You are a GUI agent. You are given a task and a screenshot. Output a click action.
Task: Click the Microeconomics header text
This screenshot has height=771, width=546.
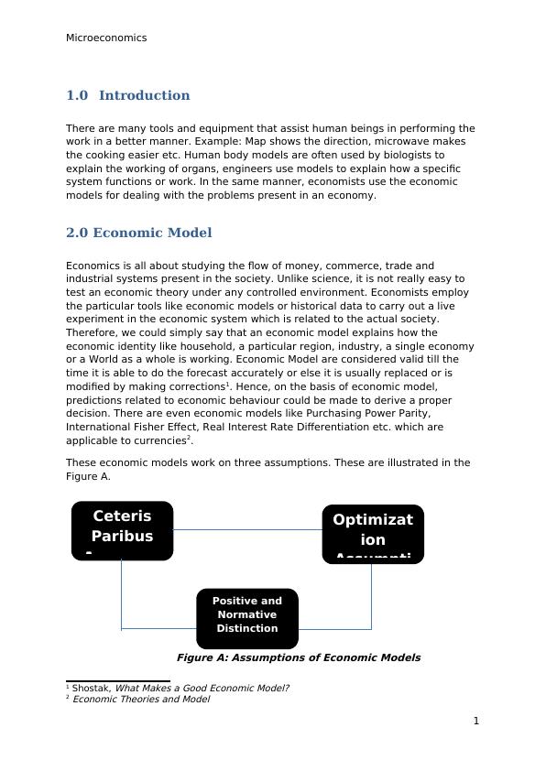tap(106, 38)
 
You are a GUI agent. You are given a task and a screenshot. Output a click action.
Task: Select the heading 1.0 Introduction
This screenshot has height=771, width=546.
tap(128, 95)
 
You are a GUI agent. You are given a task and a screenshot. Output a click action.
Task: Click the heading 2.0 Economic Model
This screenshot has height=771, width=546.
tap(138, 233)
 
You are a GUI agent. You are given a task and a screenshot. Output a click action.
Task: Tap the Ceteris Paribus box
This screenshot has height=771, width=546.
tap(122, 530)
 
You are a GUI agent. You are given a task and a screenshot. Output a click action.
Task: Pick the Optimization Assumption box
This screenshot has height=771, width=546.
tap(373, 534)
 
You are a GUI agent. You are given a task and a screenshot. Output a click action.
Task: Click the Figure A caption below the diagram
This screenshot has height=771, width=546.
tap(299, 657)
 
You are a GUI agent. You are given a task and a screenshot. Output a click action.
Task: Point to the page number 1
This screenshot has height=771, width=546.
tap(476, 721)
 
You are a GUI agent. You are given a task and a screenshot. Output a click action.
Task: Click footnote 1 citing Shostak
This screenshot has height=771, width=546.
tap(179, 688)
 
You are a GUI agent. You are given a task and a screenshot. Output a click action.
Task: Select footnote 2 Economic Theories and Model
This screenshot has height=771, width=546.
tap(140, 700)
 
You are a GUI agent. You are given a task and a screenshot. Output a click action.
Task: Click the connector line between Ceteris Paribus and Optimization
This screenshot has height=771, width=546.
tap(247, 529)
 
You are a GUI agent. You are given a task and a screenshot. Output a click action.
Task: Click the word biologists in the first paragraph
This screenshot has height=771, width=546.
tap(405, 156)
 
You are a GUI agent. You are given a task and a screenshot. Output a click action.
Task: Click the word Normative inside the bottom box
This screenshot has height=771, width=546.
tap(247, 614)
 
